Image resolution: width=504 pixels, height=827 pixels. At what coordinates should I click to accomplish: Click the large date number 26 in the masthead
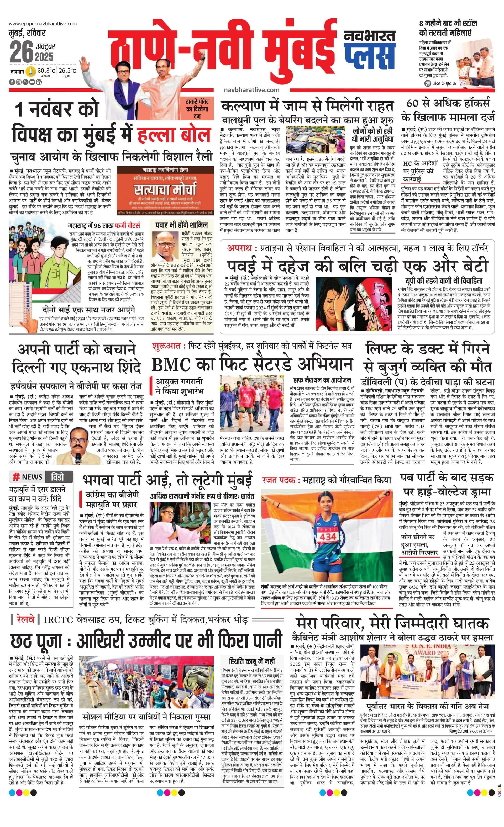click(22, 52)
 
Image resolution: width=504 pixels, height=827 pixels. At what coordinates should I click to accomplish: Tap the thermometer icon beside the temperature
click(31, 71)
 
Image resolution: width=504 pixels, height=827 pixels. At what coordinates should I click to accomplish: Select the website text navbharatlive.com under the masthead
click(251, 90)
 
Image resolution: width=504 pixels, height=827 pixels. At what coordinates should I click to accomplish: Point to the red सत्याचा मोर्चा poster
click(165, 190)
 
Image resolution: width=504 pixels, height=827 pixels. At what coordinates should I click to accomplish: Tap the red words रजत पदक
click(278, 480)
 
